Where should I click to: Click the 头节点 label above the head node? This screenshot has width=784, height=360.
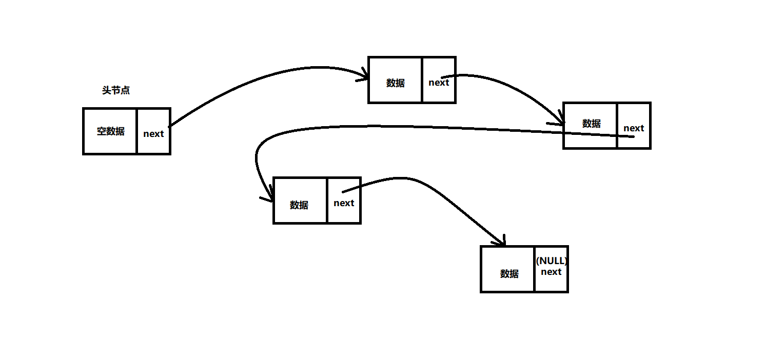(x=116, y=91)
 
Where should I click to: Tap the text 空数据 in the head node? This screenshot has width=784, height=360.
(x=111, y=131)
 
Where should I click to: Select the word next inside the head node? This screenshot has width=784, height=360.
(x=153, y=134)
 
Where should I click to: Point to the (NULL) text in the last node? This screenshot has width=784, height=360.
(x=552, y=261)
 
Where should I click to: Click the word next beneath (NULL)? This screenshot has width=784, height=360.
(x=551, y=272)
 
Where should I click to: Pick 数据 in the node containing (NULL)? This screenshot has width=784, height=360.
(x=509, y=274)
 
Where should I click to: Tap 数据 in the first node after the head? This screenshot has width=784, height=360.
(x=396, y=83)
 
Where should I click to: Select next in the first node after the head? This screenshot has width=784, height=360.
(x=439, y=83)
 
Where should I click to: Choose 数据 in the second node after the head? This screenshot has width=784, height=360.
(x=592, y=124)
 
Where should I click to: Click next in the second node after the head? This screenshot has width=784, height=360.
(x=634, y=128)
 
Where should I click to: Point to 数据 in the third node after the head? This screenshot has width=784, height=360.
(x=299, y=205)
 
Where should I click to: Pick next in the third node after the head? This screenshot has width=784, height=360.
(x=344, y=203)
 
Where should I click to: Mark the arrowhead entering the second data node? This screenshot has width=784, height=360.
(x=561, y=124)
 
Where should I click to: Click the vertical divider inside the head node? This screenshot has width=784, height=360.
(x=137, y=131)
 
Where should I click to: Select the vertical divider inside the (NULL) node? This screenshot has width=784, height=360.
(x=534, y=269)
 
